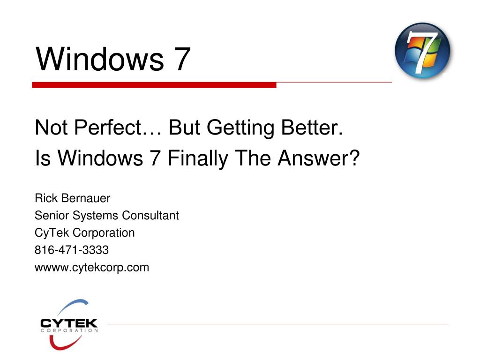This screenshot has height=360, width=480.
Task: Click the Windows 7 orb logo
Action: point(422,51)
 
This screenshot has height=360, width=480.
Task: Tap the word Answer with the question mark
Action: point(318,159)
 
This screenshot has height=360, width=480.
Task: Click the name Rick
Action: point(45,198)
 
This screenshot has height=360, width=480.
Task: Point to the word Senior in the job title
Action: point(51,216)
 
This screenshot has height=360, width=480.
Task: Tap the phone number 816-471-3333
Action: point(72,250)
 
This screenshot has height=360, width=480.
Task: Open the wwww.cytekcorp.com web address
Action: point(92,268)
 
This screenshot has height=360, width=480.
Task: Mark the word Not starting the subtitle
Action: point(49,127)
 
